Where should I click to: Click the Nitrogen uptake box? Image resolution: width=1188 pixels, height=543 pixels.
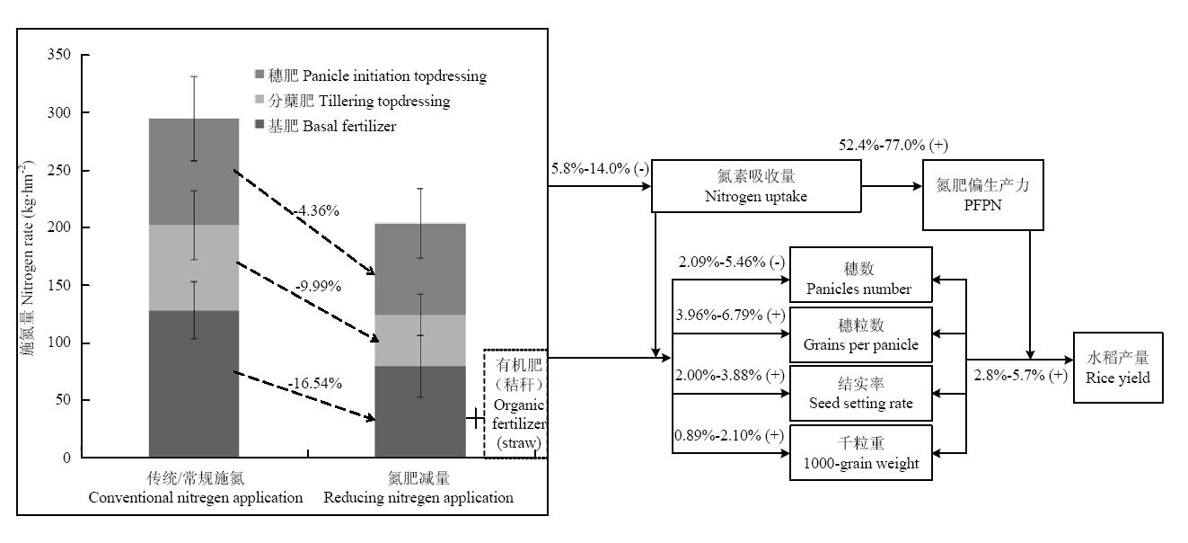pyautogui.click(x=756, y=186)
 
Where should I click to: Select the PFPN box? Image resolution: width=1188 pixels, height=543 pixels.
pyautogui.click(x=982, y=195)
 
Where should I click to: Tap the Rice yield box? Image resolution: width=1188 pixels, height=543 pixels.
pyautogui.click(x=1118, y=368)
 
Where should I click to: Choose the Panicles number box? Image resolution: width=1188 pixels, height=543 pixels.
pyautogui.click(x=861, y=274)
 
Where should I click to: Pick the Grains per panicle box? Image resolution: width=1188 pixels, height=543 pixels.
pyautogui.click(x=861, y=334)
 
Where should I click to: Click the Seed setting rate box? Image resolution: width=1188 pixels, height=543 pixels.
pyautogui.click(x=861, y=394)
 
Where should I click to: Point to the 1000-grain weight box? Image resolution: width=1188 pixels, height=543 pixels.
pyautogui.click(x=861, y=452)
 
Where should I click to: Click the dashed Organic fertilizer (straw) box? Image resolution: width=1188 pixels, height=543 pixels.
pyautogui.click(x=515, y=404)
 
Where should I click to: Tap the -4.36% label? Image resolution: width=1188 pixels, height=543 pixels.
pyautogui.click(x=317, y=210)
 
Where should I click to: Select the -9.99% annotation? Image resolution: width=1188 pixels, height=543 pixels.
pyautogui.click(x=318, y=286)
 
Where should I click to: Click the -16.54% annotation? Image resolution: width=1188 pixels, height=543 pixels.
pyautogui.click(x=315, y=383)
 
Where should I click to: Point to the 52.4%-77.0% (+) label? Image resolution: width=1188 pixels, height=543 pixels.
pyautogui.click(x=893, y=145)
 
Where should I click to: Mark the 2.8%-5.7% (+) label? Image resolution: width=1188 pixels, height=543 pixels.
pyautogui.click(x=1021, y=375)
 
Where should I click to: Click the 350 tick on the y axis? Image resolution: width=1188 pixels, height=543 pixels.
pyautogui.click(x=59, y=54)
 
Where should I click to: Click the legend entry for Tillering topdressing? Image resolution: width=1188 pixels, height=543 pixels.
pyautogui.click(x=353, y=101)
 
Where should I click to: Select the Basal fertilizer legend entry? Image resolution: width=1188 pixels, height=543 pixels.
pyautogui.click(x=326, y=126)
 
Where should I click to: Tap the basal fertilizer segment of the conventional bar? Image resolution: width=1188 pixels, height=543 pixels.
pyautogui.click(x=194, y=384)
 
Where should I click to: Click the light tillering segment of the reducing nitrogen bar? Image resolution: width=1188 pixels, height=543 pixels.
pyautogui.click(x=420, y=340)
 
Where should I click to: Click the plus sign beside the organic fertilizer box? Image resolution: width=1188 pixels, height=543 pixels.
pyautogui.click(x=475, y=419)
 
